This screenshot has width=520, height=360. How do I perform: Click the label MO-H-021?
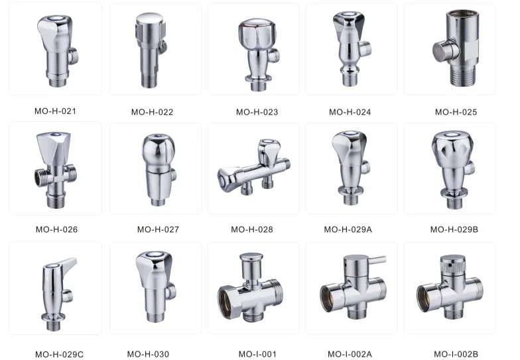[x=56, y=111]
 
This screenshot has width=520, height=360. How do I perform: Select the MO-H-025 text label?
[x=456, y=112]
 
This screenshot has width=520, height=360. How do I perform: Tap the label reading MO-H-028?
[x=252, y=229]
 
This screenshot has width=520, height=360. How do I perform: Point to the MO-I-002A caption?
[x=350, y=354]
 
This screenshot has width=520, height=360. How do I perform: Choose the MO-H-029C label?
[x=60, y=354]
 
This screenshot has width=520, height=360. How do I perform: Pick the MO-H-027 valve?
[x=159, y=169]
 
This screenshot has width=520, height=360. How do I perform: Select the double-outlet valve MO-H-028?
[x=253, y=167]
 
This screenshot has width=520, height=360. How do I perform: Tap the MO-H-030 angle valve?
[x=156, y=286]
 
